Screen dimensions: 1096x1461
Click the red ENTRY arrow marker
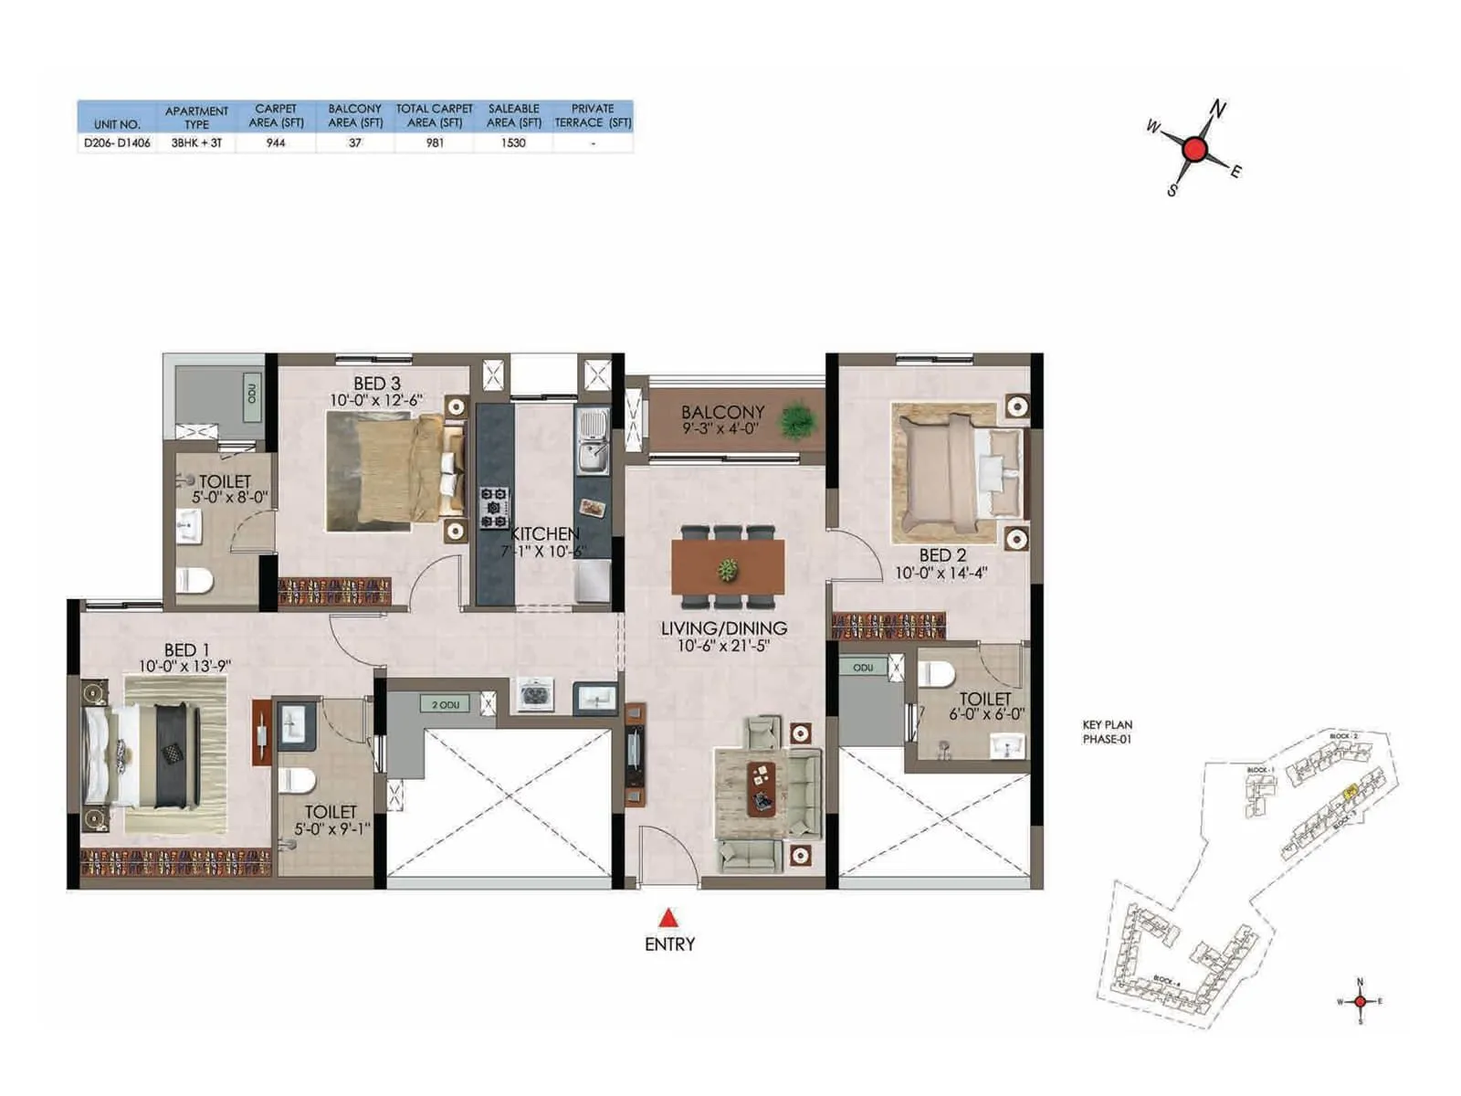pyautogui.click(x=669, y=918)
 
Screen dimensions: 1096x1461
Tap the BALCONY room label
pyautogui.click(x=722, y=412)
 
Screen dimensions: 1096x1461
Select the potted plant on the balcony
pyautogui.click(x=796, y=421)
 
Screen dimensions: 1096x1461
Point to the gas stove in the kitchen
pyautogui.click(x=494, y=508)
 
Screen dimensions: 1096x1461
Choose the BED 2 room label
pyautogui.click(x=942, y=555)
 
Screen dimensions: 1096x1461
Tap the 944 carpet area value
pyautogui.click(x=276, y=143)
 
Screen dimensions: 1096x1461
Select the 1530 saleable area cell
pyautogui.click(x=513, y=143)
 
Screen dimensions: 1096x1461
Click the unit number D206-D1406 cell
pyautogui.click(x=117, y=143)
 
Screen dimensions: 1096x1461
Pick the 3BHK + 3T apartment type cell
pyautogui.click(x=196, y=143)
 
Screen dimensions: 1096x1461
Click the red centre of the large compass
pyautogui.click(x=1194, y=149)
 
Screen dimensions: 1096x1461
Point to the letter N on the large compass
pyautogui.click(x=1218, y=110)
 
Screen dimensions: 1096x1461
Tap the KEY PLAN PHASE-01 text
pyautogui.click(x=1107, y=732)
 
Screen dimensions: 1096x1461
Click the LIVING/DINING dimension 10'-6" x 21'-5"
pyautogui.click(x=723, y=646)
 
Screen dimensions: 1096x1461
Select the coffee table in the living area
pyautogui.click(x=760, y=788)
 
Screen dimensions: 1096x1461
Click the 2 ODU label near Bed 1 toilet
pyautogui.click(x=446, y=704)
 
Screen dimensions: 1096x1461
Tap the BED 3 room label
pyautogui.click(x=377, y=384)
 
